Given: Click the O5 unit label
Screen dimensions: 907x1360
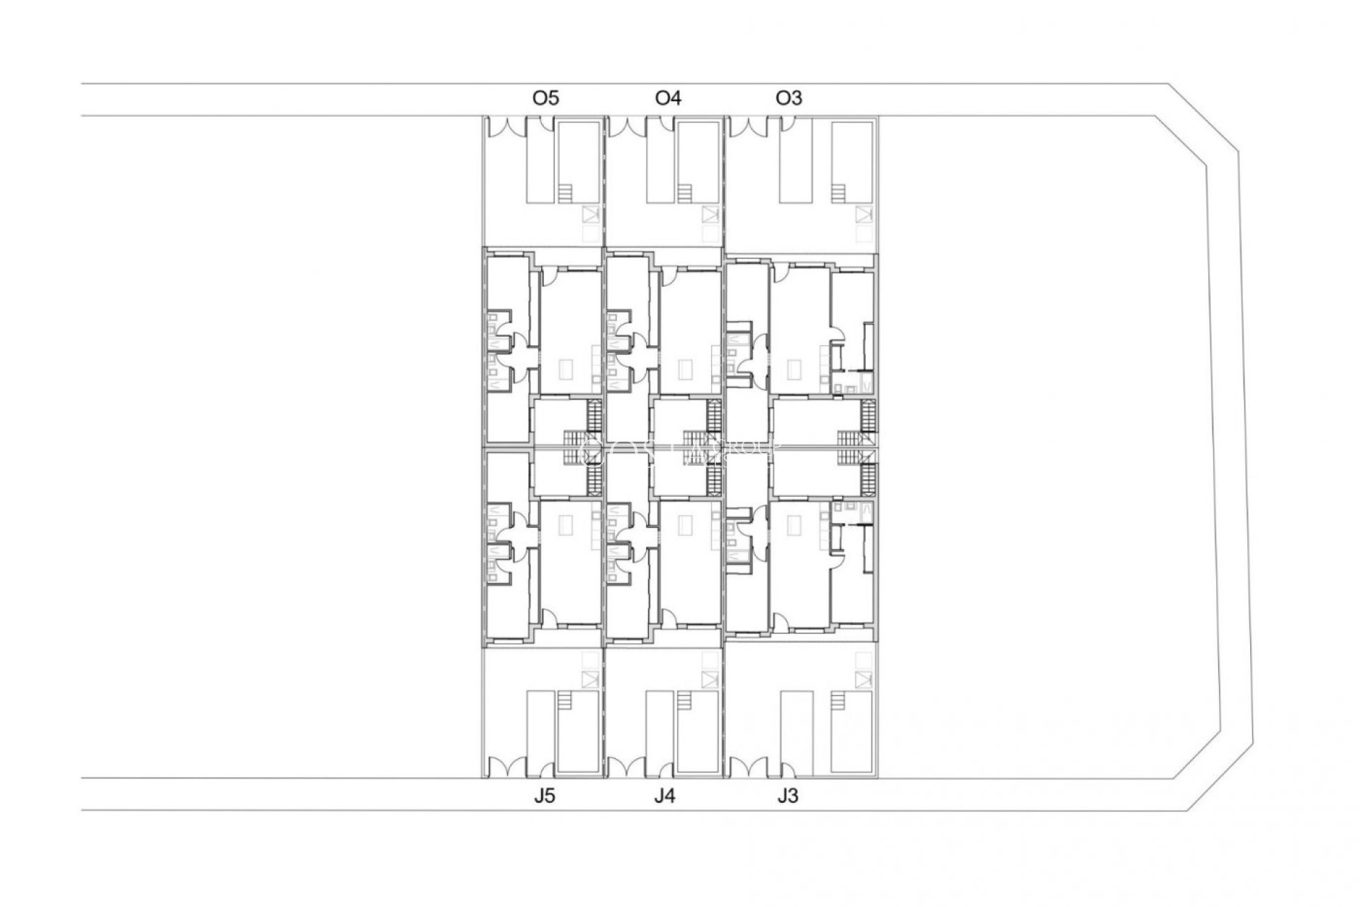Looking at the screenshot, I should point(545,98).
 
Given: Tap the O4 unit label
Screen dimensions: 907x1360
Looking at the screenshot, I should point(668,98).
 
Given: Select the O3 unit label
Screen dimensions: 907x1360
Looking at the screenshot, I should point(789,98).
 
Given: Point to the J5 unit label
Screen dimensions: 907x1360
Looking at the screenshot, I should point(544,796).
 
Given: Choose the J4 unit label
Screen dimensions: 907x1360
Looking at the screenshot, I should point(664,796).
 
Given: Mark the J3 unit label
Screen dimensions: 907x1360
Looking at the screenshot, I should point(787,796).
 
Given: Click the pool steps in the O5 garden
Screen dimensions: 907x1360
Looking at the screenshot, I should point(565,193).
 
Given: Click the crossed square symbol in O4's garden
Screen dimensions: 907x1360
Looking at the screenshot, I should point(710,214).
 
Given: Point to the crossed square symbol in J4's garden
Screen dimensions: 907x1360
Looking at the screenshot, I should point(710,680).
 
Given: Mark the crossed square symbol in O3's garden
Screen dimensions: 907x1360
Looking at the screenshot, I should point(863,214).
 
